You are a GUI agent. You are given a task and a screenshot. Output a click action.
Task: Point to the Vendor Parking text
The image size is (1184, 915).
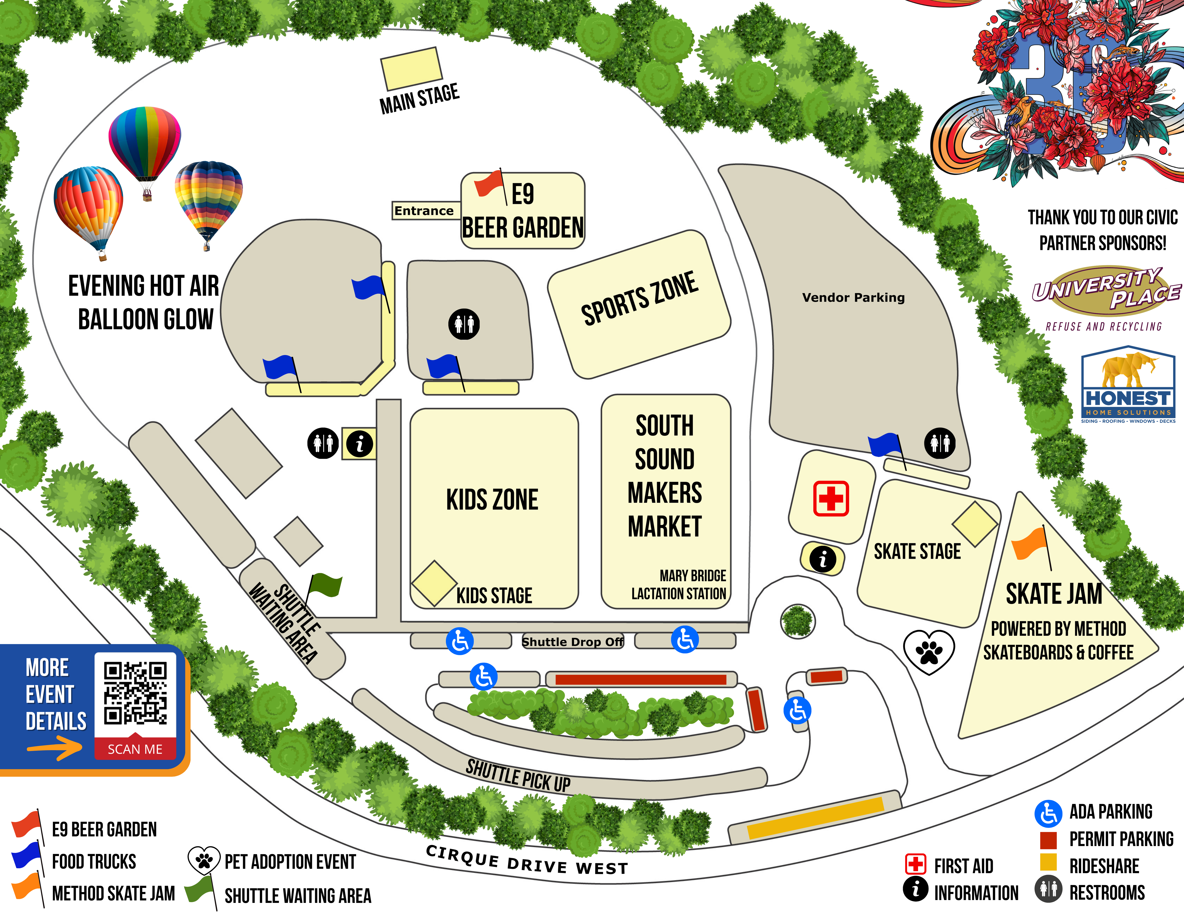pyautogui.click(x=853, y=297)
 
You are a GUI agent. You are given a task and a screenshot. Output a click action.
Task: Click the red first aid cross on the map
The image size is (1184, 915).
pyautogui.click(x=831, y=498)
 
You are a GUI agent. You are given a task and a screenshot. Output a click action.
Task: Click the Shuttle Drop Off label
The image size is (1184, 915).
pyautogui.click(x=572, y=642)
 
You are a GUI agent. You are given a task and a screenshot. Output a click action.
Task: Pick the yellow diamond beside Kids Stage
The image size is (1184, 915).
pyautogui.click(x=434, y=583)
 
